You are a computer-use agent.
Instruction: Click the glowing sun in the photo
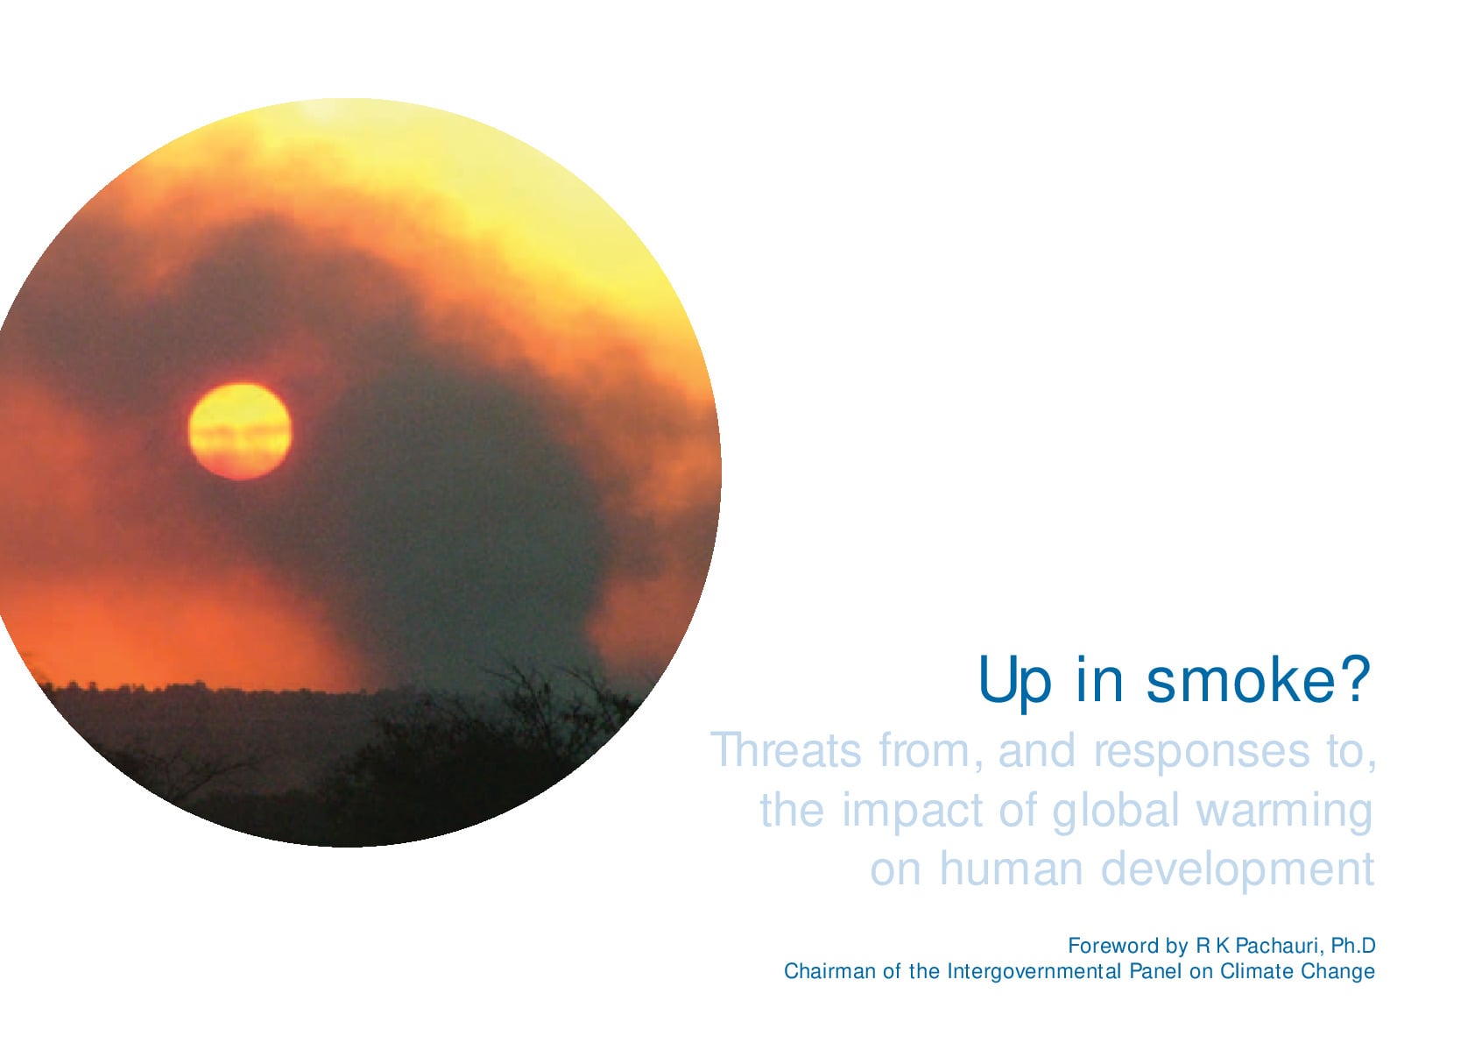[240, 431]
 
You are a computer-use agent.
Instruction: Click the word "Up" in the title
[1015, 681]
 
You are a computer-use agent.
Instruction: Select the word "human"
[1012, 869]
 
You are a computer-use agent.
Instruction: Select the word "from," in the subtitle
[930, 751]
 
